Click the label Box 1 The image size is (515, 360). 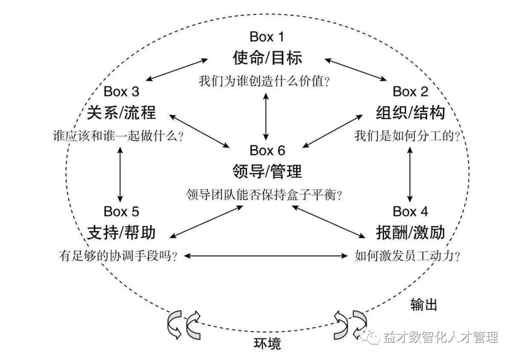268,37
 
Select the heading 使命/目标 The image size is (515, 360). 268,58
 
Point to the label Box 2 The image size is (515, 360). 411,91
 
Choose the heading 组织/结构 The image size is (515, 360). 411,113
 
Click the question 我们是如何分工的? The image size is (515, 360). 407,136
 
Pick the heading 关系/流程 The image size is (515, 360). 122,113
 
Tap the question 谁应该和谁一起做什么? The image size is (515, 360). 119,136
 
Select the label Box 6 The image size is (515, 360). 268,151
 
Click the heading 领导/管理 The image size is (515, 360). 268,172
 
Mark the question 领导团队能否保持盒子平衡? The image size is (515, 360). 266,195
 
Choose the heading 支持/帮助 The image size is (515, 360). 122,233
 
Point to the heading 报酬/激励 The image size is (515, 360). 411,233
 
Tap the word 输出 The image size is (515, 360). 424,305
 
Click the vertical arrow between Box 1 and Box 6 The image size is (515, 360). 266,116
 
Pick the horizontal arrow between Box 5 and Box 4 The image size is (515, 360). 266,256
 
